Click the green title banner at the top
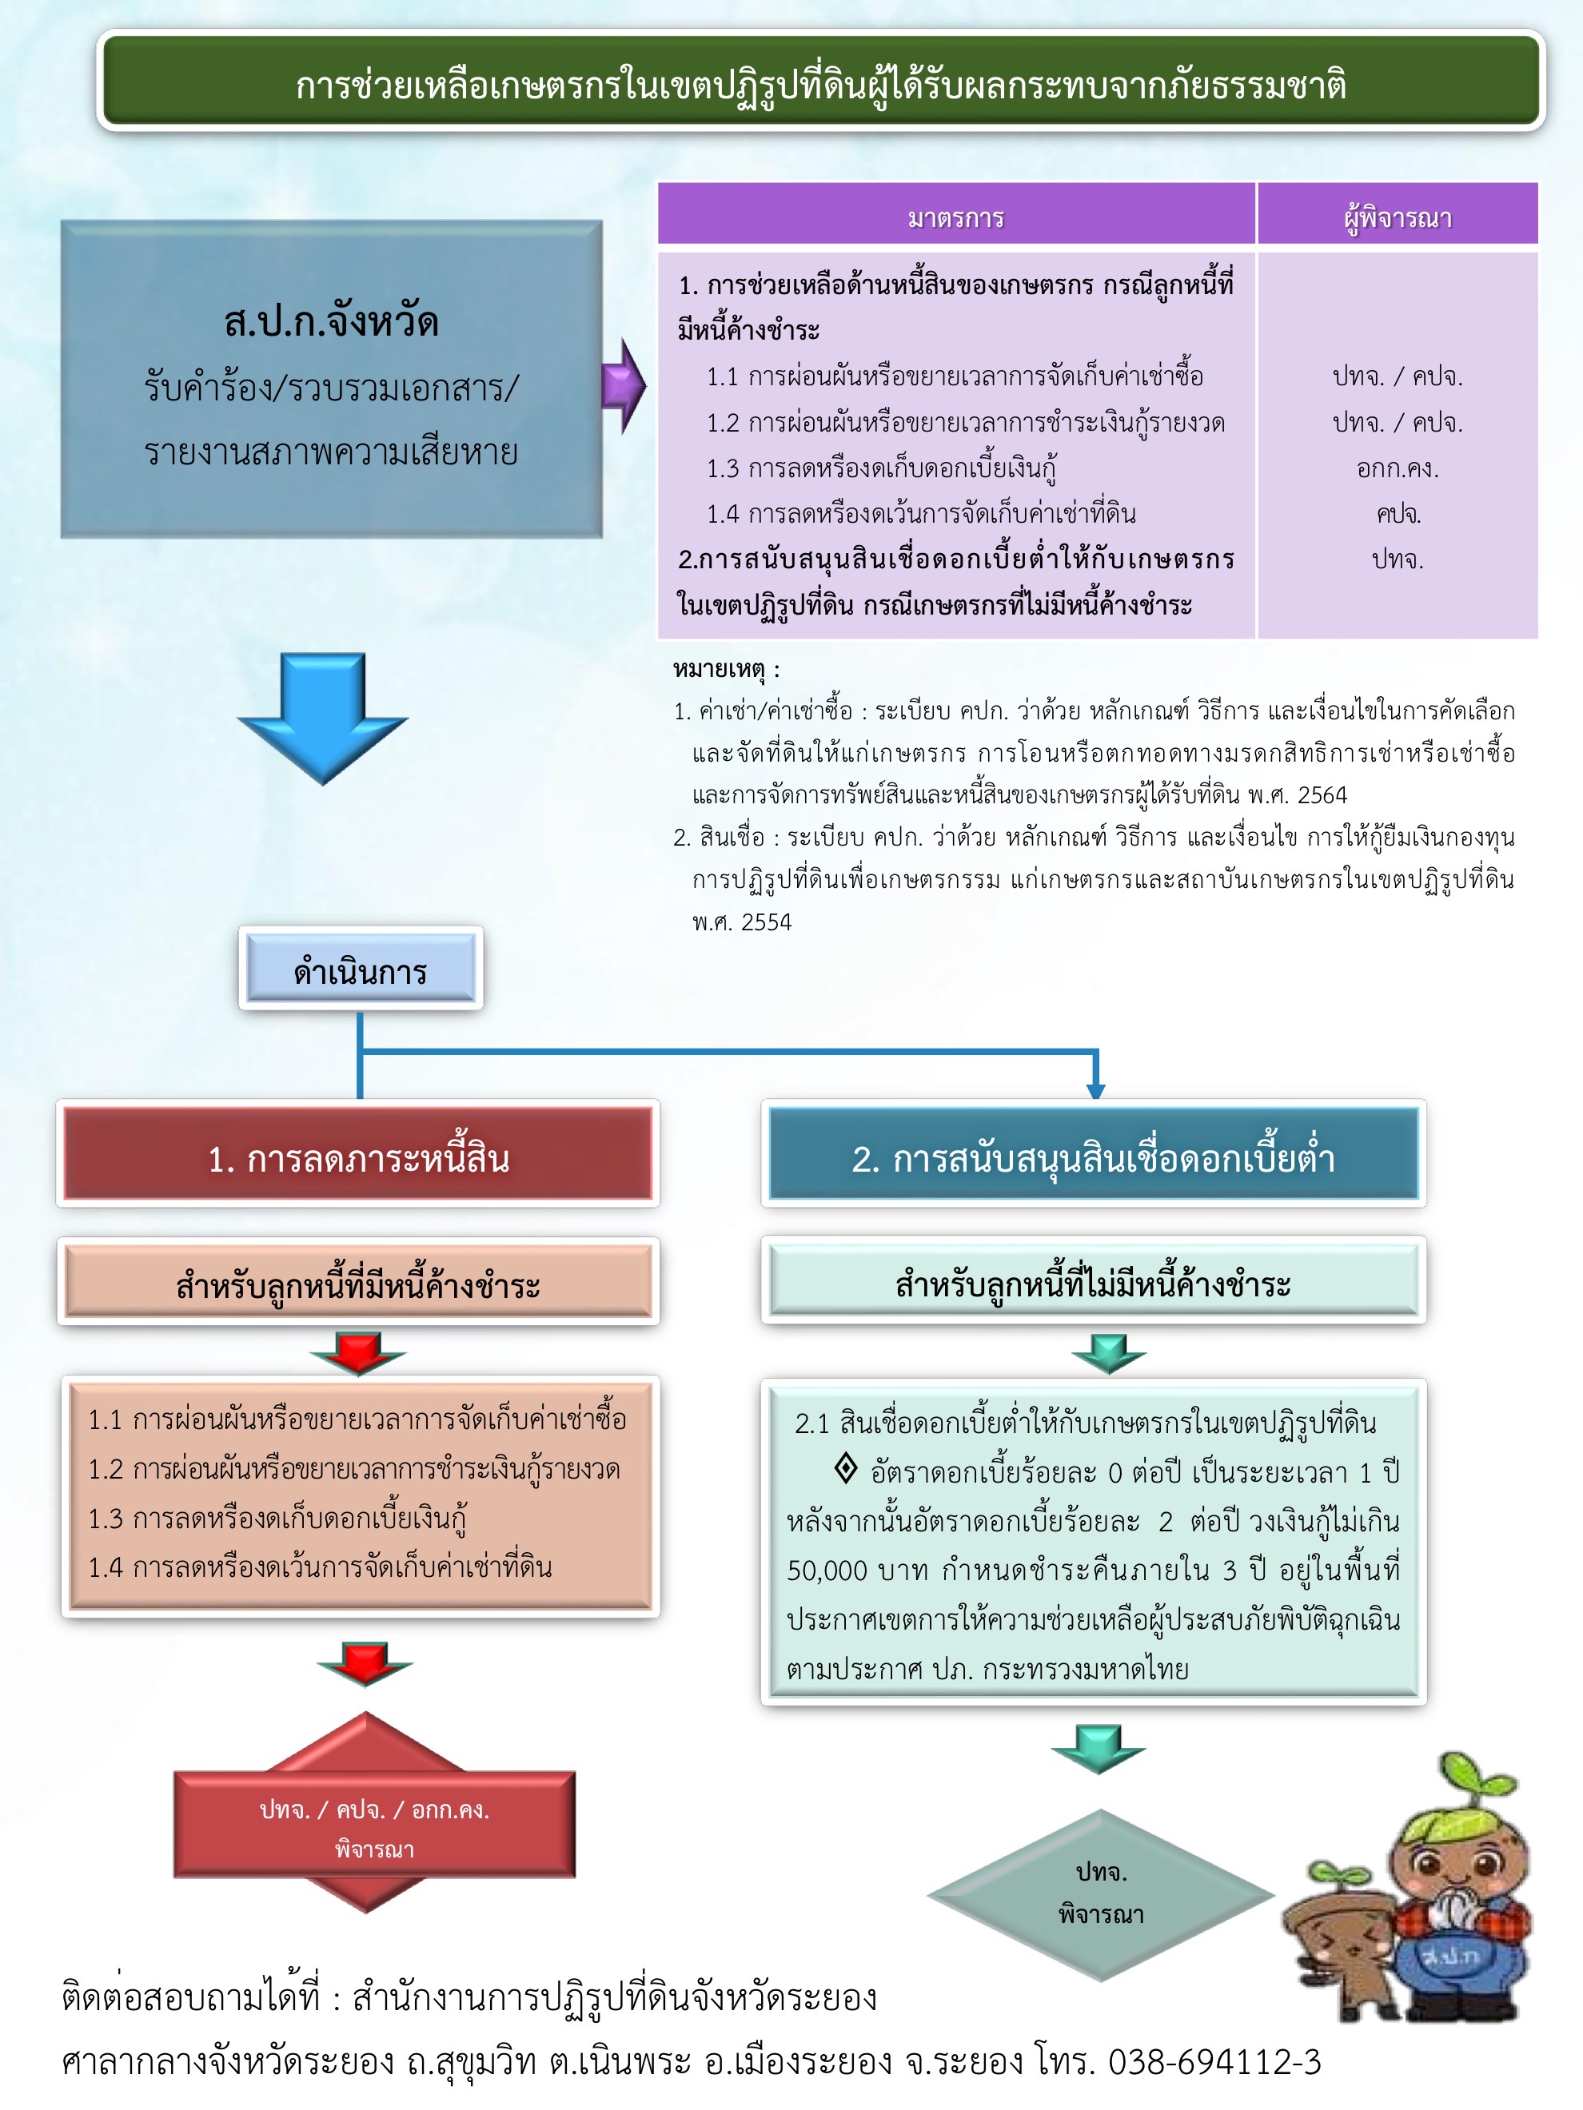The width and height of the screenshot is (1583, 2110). point(820,84)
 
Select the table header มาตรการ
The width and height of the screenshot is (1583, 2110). point(956,217)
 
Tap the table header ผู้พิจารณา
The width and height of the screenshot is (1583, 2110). point(1398,217)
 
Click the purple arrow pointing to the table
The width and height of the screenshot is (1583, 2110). point(624,385)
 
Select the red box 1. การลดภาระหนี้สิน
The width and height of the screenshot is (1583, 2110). point(358,1157)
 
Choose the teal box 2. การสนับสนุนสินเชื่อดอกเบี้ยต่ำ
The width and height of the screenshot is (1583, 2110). point(1094,1157)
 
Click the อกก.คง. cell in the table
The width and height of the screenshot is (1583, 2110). point(1398,468)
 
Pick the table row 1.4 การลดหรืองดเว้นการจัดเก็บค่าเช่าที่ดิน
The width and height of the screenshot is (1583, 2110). point(921,514)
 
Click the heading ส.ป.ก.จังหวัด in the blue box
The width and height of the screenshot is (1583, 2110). point(331,321)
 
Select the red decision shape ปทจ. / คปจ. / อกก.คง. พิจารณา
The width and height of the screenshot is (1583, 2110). point(374,1827)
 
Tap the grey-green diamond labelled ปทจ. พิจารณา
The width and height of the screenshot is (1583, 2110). point(1101,1893)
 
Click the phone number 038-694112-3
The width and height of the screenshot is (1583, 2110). point(1214,2061)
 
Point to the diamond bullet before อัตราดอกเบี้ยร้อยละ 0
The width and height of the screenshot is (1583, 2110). point(845,1468)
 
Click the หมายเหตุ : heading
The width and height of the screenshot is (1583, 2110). point(726,670)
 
